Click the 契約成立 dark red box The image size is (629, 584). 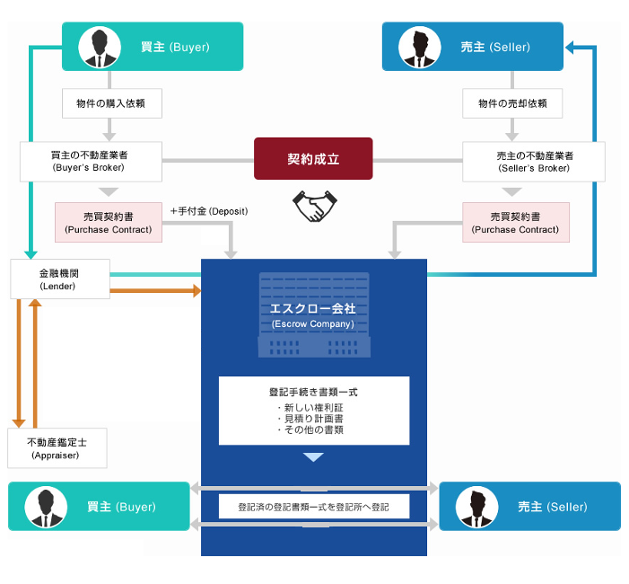pos(313,159)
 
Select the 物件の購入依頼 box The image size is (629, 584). pos(111,103)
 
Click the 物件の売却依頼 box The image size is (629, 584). pos(512,103)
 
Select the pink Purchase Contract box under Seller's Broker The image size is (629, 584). pos(516,223)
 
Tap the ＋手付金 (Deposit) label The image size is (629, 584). pos(209,211)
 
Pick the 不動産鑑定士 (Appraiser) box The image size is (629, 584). pos(57,448)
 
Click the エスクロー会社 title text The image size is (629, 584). pos(313,308)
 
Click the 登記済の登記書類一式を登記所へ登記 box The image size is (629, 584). pos(313,507)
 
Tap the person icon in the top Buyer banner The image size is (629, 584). pos(99,47)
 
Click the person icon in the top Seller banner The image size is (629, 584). pos(418,47)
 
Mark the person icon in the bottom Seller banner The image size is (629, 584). pos(476,507)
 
